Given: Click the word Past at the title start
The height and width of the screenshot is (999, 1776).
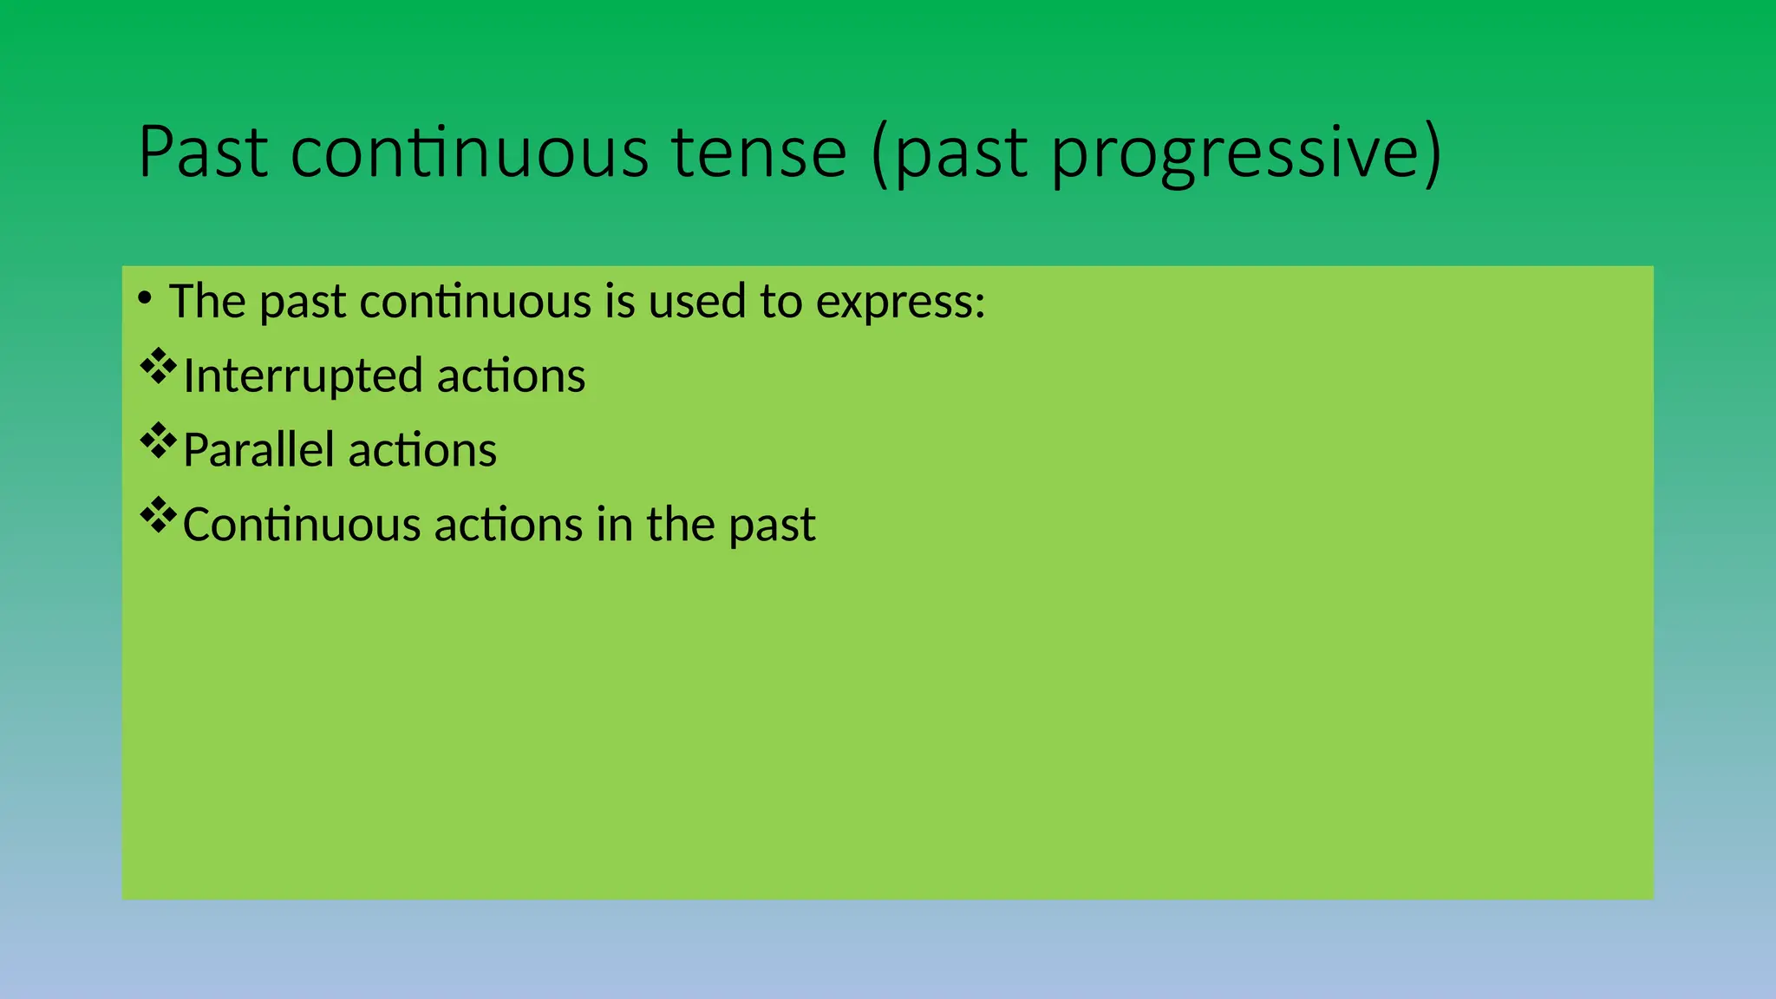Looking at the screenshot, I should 203,153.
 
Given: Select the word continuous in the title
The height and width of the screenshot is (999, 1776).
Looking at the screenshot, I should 469,153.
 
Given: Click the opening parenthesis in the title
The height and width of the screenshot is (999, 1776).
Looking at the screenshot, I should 880,154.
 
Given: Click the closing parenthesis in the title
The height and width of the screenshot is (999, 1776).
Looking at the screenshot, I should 1433,154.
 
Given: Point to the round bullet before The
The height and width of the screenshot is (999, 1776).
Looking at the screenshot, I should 145,299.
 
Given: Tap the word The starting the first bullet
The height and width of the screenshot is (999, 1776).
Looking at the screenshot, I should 207,301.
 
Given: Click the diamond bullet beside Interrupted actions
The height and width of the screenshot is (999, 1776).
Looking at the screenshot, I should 158,367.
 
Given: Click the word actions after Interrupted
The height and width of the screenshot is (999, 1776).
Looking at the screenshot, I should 511,376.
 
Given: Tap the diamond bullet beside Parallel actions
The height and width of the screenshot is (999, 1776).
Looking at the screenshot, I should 158,441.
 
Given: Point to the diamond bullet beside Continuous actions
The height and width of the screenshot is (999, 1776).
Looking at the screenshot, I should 158,516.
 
